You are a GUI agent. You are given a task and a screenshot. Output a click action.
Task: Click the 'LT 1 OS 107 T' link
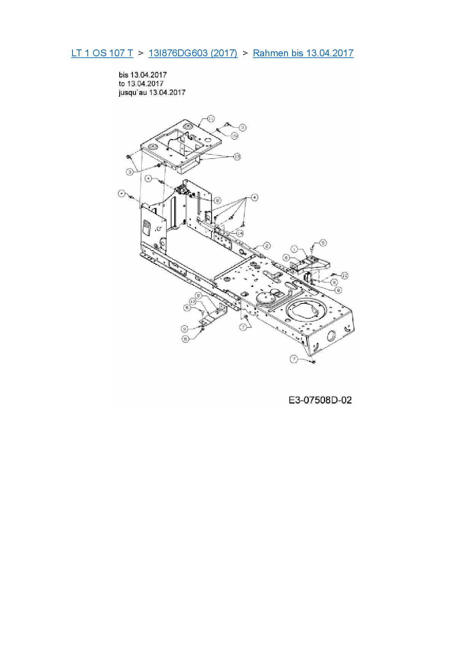(102, 53)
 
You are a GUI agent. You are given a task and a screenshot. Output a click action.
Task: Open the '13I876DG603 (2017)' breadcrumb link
(193, 53)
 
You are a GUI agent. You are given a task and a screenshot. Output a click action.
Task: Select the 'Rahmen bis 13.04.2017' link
(303, 53)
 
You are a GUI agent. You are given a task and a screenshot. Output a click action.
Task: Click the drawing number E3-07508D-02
(320, 400)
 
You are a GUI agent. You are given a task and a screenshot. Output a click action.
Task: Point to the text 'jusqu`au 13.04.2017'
(152, 92)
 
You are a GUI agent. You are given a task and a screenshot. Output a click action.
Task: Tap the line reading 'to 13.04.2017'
(141, 84)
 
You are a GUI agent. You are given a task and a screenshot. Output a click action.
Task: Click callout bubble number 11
(211, 119)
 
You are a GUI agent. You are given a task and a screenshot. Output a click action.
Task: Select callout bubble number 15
(234, 136)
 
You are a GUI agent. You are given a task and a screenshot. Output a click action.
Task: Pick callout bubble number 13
(237, 157)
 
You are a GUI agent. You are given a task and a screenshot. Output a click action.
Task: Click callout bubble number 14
(240, 233)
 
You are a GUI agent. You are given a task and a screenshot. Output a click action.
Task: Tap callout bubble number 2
(267, 246)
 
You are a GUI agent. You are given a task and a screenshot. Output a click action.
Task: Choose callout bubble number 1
(295, 249)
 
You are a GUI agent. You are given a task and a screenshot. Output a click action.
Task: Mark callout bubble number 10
(345, 275)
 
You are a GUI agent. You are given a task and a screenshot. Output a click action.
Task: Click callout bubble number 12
(193, 302)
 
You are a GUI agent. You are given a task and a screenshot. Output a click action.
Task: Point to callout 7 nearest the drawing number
(294, 359)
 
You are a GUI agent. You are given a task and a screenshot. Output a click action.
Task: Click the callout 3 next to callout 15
(242, 128)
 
